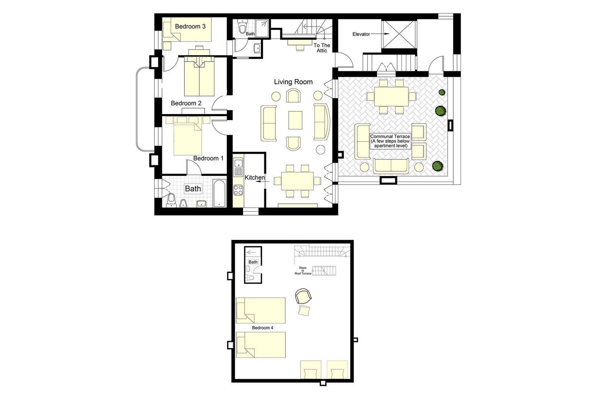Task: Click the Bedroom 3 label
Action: (190, 26)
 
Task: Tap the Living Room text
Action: (293, 82)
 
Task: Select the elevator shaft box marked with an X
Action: (399, 34)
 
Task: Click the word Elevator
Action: (361, 34)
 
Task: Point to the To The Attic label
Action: (322, 48)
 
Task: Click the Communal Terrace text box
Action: (390, 141)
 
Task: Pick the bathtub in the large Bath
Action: (219, 193)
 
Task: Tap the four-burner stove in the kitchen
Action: (238, 190)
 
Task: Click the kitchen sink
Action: (238, 163)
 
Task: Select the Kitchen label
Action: (254, 178)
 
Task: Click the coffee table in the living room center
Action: (295, 120)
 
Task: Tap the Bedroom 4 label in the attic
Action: (263, 328)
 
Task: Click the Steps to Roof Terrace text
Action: (303, 271)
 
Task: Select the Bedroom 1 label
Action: (208, 158)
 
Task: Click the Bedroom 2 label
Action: (186, 103)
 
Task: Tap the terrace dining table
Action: (391, 96)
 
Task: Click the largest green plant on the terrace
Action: (440, 110)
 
